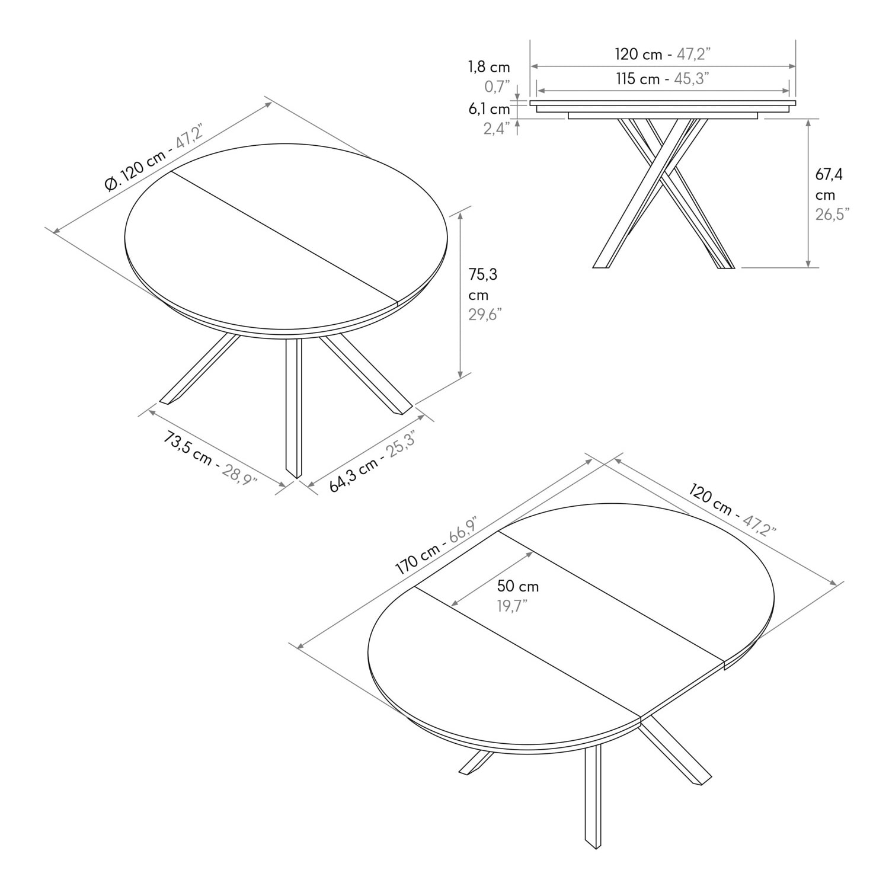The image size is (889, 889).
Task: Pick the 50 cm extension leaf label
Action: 517,587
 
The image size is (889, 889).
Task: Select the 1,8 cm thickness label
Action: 489,67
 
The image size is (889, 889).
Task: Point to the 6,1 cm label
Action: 489,109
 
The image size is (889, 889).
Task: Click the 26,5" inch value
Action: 832,215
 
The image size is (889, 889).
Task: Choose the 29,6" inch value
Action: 485,314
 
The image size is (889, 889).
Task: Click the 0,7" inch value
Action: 497,87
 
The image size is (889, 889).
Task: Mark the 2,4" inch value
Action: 497,129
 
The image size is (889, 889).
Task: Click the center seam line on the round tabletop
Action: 284,237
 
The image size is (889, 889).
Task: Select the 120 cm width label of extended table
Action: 733,509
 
